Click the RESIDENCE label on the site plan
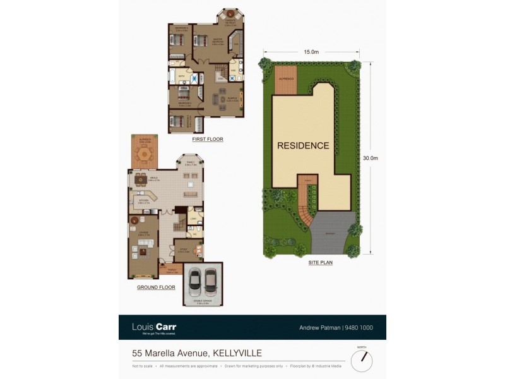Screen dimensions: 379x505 pyautogui.click(x=303, y=145)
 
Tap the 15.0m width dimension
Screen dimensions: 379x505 pyautogui.click(x=309, y=52)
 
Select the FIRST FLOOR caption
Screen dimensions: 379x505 pyautogui.click(x=208, y=138)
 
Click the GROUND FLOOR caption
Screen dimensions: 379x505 pyautogui.click(x=155, y=287)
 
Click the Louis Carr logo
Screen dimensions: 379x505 pyautogui.click(x=155, y=327)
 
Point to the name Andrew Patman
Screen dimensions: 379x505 pyautogui.click(x=319, y=328)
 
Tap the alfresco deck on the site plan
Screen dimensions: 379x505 pyautogui.click(x=286, y=80)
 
